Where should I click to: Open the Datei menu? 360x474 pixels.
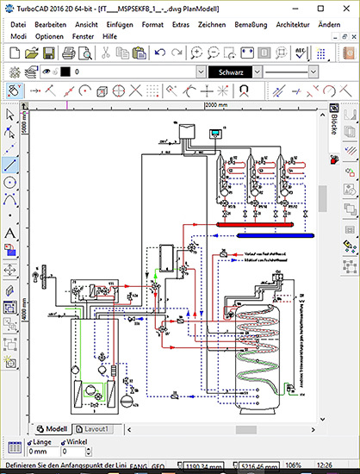(x=18, y=24)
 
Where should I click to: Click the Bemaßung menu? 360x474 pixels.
(x=268, y=24)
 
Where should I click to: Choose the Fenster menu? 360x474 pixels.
(x=84, y=37)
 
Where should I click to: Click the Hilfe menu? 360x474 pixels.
(x=110, y=37)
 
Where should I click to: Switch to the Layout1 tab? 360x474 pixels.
(x=96, y=428)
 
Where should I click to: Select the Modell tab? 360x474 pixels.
(x=54, y=428)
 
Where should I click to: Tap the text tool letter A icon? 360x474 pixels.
(x=10, y=233)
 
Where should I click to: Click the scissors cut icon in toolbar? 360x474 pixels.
(x=105, y=53)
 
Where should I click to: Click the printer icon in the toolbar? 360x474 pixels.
(x=69, y=53)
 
